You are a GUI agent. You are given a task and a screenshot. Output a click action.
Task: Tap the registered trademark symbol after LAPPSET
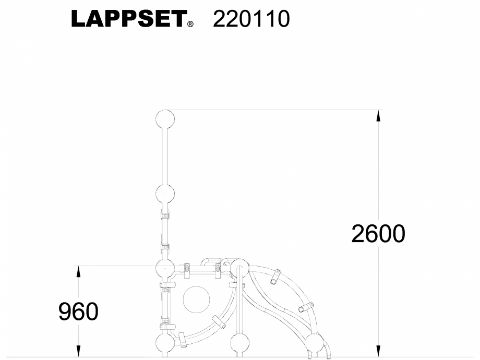click(x=190, y=24)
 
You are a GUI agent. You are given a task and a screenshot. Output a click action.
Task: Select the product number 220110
click(x=251, y=19)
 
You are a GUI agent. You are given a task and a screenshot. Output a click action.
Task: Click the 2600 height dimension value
click(x=378, y=234)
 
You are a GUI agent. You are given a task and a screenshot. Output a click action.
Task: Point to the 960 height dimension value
click(x=78, y=312)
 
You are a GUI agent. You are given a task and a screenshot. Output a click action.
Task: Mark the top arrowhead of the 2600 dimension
click(x=379, y=115)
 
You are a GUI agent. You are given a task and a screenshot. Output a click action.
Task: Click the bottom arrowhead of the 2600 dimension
click(x=379, y=351)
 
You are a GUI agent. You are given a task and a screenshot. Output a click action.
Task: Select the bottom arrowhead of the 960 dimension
click(x=78, y=351)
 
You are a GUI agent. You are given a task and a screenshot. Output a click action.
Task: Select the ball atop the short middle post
click(x=239, y=268)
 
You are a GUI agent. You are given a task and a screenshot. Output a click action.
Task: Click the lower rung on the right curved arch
click(x=306, y=307)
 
